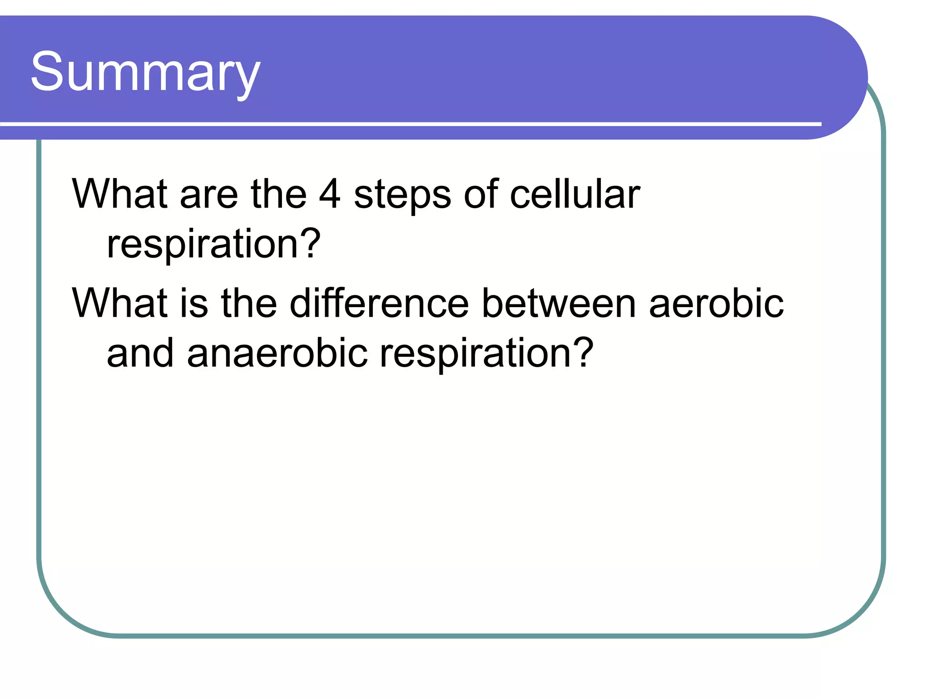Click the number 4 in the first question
coord(329,194)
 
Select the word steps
coord(402,195)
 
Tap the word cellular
coord(574,194)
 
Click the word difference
coord(379,303)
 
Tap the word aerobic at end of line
coord(716,303)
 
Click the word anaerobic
coord(277,353)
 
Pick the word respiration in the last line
coord(475,354)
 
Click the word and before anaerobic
coord(140,353)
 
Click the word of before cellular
coord(481,194)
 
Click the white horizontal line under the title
coord(409,124)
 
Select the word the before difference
coord(248,303)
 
